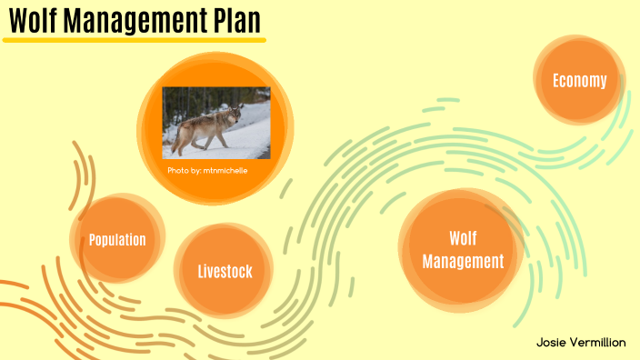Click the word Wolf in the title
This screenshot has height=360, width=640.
35,19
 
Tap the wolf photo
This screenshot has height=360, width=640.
216,122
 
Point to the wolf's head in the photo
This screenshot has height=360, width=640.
235,115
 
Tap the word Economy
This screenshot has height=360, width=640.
580,81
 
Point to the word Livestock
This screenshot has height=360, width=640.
225,271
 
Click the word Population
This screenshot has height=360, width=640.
117,240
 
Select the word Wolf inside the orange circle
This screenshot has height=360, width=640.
463,238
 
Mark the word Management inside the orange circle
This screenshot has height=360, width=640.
463,262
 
